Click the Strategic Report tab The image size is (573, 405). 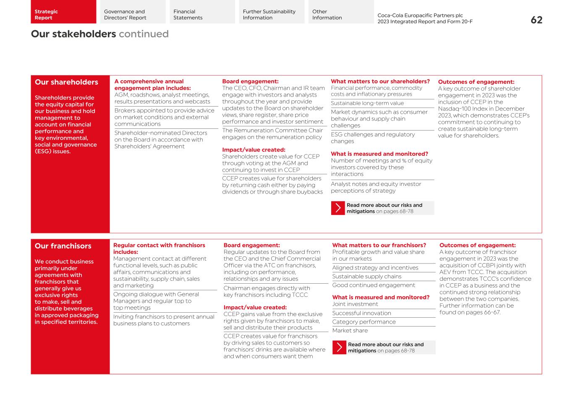click(x=63, y=12)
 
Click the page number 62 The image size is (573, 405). click(x=536, y=20)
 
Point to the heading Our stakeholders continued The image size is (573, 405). click(x=99, y=34)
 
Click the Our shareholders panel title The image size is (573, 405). click(x=66, y=82)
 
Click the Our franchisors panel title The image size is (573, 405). click(x=63, y=246)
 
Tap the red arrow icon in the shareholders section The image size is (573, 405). click(x=338, y=208)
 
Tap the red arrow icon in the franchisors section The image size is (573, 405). click(x=339, y=348)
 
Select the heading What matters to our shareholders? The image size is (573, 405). click(x=380, y=81)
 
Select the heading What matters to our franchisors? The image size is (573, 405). click(x=379, y=245)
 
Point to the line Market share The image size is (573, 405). click(x=350, y=331)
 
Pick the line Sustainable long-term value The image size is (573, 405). click(x=367, y=103)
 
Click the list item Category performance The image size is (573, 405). click(x=364, y=322)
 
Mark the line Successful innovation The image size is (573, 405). click(x=361, y=313)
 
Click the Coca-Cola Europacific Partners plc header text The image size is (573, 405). click(x=420, y=16)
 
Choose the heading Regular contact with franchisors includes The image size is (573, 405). click(x=159, y=248)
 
